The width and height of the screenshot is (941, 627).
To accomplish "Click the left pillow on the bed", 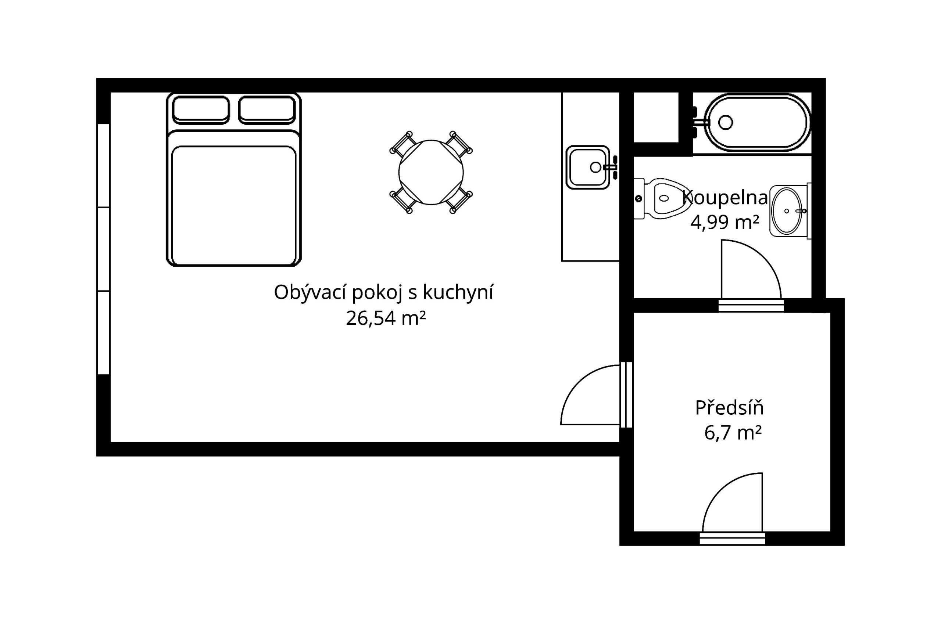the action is [x=201, y=109].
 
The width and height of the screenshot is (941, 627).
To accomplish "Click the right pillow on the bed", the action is [x=267, y=109].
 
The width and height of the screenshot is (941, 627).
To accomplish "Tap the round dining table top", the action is [x=431, y=172].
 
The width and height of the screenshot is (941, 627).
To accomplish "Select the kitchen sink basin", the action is [x=588, y=167].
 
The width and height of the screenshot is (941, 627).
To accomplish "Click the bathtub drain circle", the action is [x=725, y=122].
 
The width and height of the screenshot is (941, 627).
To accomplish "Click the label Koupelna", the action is [x=725, y=198].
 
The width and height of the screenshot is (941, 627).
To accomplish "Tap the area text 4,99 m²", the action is [x=724, y=222].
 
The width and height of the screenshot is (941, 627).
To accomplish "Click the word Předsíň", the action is [x=729, y=407].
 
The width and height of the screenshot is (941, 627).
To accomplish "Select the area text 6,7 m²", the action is [x=733, y=432].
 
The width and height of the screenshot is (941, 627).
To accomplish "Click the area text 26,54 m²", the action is [x=386, y=318].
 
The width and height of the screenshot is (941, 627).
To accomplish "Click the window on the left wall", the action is [x=104, y=249].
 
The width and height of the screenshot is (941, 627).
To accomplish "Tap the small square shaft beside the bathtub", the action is [x=656, y=117].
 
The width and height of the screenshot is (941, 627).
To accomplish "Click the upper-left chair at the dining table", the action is [x=402, y=144].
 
